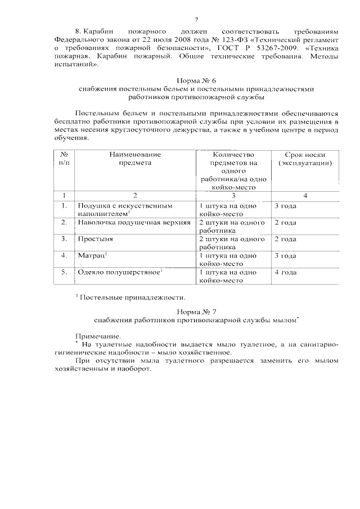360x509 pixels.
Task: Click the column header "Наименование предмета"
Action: (x=134, y=159)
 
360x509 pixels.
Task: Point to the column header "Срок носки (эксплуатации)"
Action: (x=304, y=159)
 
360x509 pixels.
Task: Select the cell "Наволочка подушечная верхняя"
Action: (x=130, y=222)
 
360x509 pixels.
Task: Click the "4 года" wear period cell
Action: (x=285, y=272)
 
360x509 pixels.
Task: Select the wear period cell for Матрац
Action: (x=285, y=255)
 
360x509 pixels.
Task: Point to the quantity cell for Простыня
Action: (x=232, y=242)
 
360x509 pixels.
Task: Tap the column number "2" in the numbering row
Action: (x=134, y=195)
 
